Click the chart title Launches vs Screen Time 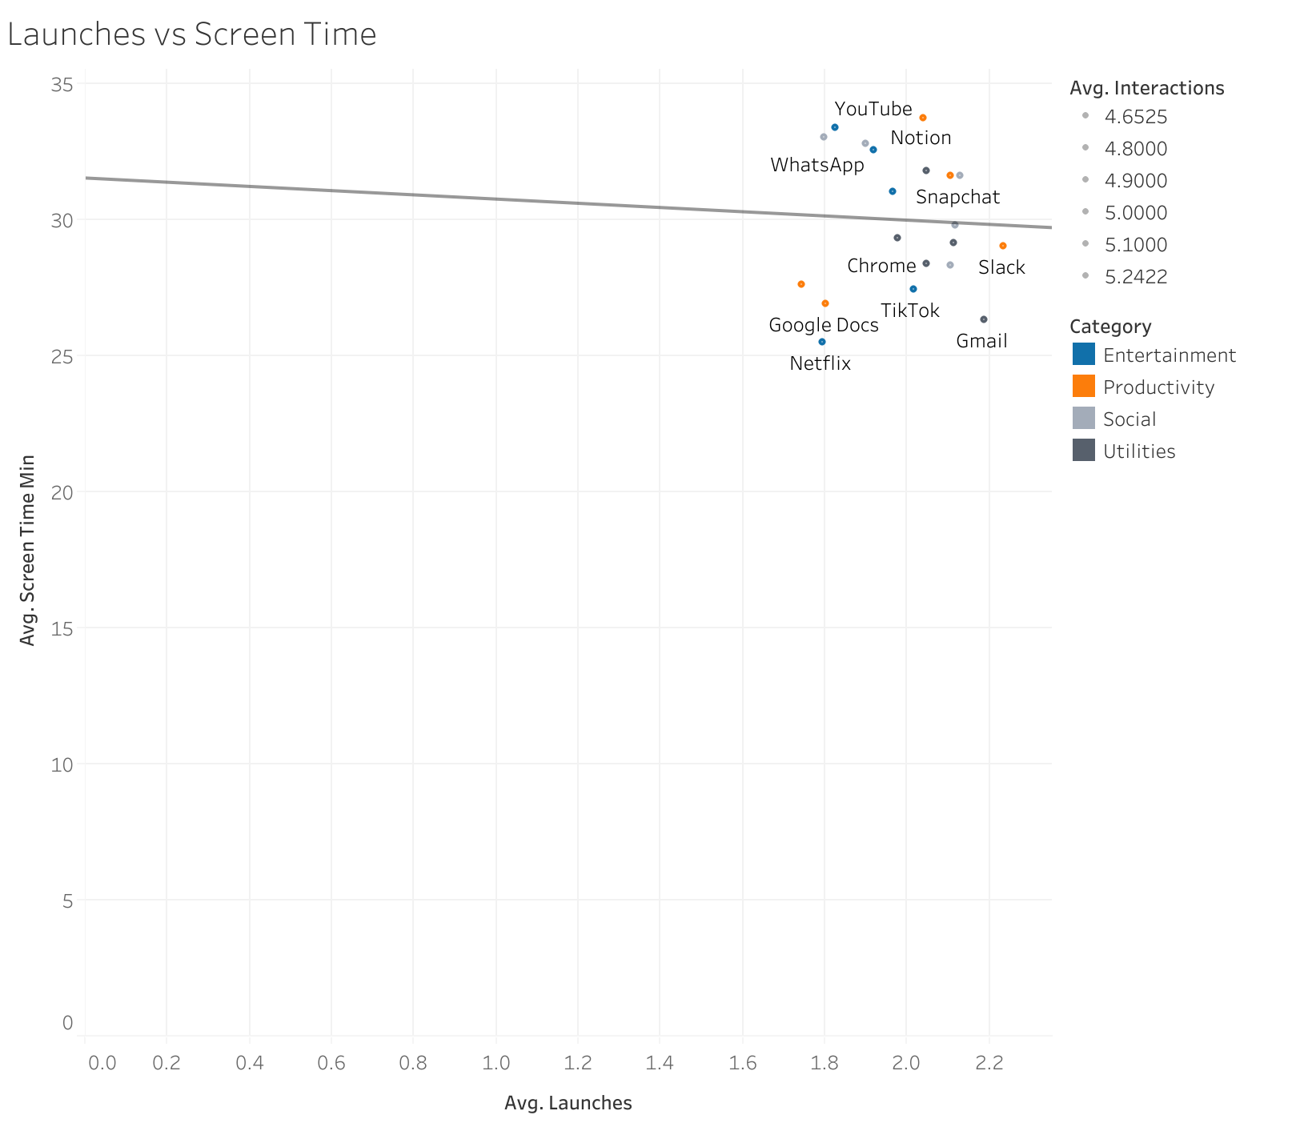pyautogui.click(x=191, y=34)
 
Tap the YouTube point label pyautogui.click(x=873, y=109)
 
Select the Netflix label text pyautogui.click(x=820, y=363)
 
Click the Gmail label pyautogui.click(x=981, y=341)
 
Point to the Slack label pyautogui.click(x=1001, y=267)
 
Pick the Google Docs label pyautogui.click(x=823, y=325)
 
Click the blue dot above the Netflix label pyautogui.click(x=821, y=342)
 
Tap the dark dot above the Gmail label pyautogui.click(x=984, y=319)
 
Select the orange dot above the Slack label pyautogui.click(x=1003, y=246)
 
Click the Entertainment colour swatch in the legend pyautogui.click(x=1083, y=355)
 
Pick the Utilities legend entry pyautogui.click(x=1138, y=451)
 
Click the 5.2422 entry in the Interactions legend pyautogui.click(x=1135, y=277)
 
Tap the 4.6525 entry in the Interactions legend pyautogui.click(x=1135, y=117)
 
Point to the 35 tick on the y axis pyautogui.click(x=62, y=84)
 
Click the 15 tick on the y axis pyautogui.click(x=62, y=628)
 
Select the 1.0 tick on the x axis pyautogui.click(x=496, y=1063)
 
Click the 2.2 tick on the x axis pyautogui.click(x=989, y=1063)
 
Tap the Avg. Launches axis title pyautogui.click(x=568, y=1103)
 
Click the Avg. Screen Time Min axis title pyautogui.click(x=28, y=550)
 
